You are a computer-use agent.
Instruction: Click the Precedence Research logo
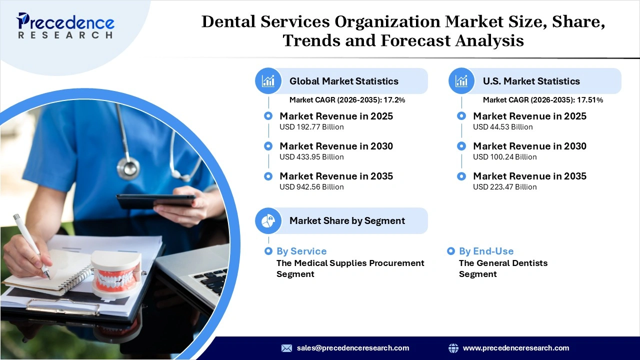(65, 25)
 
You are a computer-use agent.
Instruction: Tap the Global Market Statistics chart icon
(268, 81)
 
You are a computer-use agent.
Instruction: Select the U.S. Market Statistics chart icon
(461, 81)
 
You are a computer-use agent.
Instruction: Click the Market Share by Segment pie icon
(268, 220)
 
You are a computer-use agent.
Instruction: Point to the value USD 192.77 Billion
(311, 127)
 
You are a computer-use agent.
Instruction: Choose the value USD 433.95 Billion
(311, 157)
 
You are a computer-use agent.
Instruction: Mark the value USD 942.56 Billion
(311, 187)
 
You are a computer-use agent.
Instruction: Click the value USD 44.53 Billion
(502, 127)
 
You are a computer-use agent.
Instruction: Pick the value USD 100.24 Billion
(504, 157)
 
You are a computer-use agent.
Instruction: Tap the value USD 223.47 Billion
(504, 187)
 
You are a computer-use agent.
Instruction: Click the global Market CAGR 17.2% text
(347, 100)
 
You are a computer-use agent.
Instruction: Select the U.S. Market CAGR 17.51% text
(542, 100)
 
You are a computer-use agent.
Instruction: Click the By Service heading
(301, 251)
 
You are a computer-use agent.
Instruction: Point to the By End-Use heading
(486, 251)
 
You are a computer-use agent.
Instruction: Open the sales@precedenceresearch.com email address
(353, 348)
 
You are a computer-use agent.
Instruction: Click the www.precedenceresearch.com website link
(516, 348)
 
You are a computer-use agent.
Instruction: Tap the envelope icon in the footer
(286, 348)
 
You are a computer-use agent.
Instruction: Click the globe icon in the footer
(453, 348)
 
